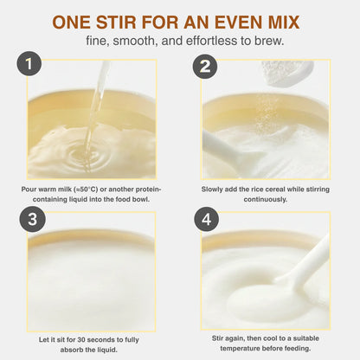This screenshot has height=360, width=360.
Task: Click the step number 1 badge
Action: tap(29, 63)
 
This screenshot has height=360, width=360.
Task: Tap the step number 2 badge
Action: tap(205, 67)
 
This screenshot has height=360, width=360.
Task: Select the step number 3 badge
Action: tap(32, 219)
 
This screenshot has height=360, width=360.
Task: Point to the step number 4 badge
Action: tap(206, 219)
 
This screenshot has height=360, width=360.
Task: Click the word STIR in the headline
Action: tap(116, 22)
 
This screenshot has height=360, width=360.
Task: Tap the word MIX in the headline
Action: tap(284, 22)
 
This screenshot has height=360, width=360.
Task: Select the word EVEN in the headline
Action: tap(238, 22)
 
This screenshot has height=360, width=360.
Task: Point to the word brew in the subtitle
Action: tap(269, 41)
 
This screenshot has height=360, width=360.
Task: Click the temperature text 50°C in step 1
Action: tap(87, 190)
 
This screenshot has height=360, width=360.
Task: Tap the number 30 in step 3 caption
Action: tap(81, 340)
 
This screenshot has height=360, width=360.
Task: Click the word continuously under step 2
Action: tap(266, 200)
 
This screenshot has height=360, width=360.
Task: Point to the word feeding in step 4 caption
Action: tap(298, 349)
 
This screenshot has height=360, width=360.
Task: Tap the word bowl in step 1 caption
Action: tap(141, 199)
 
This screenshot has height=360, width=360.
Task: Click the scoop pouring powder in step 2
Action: tap(287, 74)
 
